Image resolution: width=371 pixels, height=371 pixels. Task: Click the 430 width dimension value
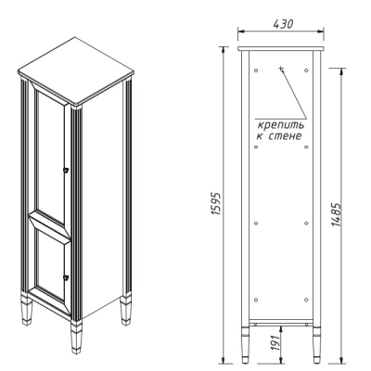pyautogui.click(x=283, y=24)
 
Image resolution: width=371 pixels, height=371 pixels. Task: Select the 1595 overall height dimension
pyautogui.click(x=216, y=204)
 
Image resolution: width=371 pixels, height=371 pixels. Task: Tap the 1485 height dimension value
pyautogui.click(x=336, y=215)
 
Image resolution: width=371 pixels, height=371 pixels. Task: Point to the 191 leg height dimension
pyautogui.click(x=276, y=341)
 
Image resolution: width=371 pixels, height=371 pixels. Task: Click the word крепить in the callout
pyautogui.click(x=281, y=125)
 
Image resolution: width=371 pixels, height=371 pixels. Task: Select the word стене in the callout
pyautogui.click(x=285, y=136)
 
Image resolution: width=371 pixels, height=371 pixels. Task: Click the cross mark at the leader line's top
pyautogui.click(x=281, y=69)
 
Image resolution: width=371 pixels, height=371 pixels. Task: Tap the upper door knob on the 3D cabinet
pyautogui.click(x=66, y=170)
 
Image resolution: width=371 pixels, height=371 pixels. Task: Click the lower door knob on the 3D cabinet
pyautogui.click(x=66, y=277)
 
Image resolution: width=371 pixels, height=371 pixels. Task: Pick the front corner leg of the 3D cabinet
pyautogui.click(x=76, y=337)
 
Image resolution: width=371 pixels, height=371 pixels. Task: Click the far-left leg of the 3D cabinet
pyautogui.click(x=27, y=311)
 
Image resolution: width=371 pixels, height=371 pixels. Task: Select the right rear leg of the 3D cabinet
pyautogui.click(x=126, y=310)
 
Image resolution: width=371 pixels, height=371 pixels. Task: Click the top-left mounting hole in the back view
pyautogui.click(x=256, y=70)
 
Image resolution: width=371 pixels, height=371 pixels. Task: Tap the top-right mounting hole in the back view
pyautogui.click(x=306, y=70)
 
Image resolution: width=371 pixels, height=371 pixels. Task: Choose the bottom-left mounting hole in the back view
pyautogui.click(x=256, y=300)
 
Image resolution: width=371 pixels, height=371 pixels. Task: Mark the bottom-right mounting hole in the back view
pyautogui.click(x=306, y=300)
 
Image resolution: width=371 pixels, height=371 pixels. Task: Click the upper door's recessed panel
pyautogui.click(x=50, y=154)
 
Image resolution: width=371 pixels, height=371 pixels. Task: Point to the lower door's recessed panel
pyautogui.click(x=50, y=264)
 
